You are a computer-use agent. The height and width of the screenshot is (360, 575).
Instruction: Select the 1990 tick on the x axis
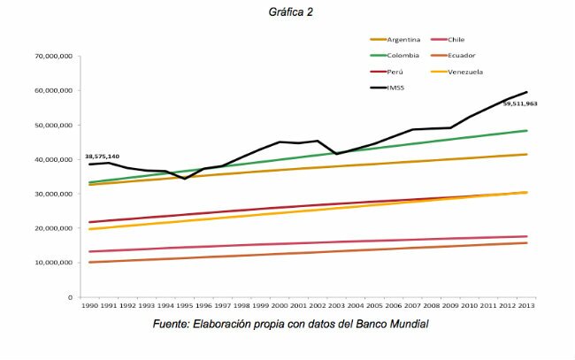click(89, 305)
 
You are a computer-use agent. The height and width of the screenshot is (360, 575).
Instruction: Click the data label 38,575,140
click(103, 156)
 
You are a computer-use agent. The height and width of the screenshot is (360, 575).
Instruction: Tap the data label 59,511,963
click(520, 103)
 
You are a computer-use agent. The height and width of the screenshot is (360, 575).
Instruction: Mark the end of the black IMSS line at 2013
click(528, 92)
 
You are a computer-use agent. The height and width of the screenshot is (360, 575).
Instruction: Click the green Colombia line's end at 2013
click(528, 131)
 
